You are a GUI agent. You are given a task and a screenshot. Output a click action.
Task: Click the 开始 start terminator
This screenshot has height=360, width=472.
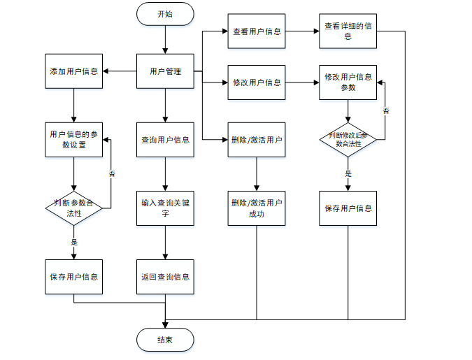coord(165,14)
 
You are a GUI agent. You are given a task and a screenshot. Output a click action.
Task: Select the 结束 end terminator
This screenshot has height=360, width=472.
coord(165,340)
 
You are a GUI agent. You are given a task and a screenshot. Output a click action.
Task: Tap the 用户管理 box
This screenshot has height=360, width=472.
coord(165,71)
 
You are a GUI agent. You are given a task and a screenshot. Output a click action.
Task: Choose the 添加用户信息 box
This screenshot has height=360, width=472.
coord(73,71)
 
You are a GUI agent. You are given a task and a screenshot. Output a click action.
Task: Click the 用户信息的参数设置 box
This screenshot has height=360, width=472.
coord(73,139)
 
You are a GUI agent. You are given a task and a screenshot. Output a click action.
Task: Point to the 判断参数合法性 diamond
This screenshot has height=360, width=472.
coord(73,208)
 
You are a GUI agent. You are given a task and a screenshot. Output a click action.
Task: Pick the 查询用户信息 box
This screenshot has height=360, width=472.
coord(165,139)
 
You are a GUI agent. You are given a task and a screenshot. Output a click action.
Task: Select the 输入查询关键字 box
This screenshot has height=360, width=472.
coord(165,208)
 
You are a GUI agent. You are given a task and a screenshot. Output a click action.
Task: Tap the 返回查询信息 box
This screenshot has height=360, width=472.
coord(165,276)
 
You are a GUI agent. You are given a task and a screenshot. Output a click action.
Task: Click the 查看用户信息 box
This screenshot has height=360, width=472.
coord(257,31)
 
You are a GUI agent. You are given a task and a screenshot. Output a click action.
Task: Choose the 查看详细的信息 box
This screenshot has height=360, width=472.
coord(348,31)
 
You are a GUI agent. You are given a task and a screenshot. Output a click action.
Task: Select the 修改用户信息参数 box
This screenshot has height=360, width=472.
coord(348,82)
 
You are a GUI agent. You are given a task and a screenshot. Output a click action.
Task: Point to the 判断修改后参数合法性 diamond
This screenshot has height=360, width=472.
coord(348,139)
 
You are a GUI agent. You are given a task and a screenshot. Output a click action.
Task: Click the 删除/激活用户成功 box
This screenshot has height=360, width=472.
coord(257,208)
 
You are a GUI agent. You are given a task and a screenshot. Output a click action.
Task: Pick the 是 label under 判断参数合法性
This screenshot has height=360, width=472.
coord(73,242)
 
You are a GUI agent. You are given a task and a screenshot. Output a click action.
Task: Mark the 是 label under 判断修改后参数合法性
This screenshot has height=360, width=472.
coord(348,173)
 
